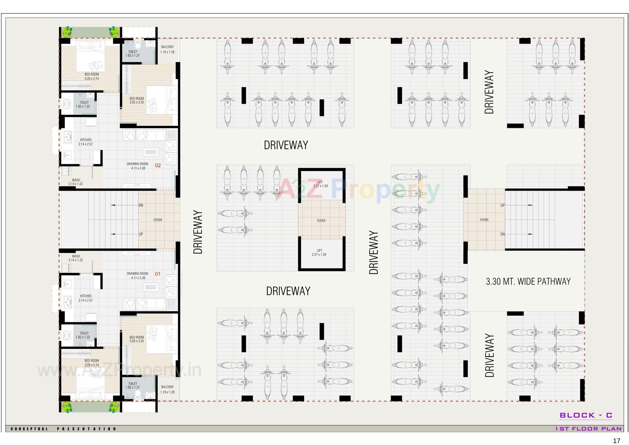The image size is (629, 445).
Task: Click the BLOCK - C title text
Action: [586, 415]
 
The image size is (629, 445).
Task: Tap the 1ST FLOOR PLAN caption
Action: [588, 429]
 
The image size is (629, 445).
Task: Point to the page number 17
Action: [617, 441]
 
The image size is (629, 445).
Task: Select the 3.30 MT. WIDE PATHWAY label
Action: [528, 281]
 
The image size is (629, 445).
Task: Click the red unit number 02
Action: [158, 165]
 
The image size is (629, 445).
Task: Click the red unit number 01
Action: [158, 274]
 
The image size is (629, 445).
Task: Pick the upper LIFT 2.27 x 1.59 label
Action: [320, 184]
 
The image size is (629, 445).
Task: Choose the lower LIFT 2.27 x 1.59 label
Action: [319, 253]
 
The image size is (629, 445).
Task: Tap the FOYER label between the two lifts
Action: [321, 221]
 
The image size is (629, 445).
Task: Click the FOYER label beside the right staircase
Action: [484, 220]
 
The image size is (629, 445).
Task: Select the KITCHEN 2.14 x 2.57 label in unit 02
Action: [86, 142]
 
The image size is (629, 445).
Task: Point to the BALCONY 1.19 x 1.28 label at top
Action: [167, 49]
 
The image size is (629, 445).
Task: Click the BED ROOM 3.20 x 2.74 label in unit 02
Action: [91, 77]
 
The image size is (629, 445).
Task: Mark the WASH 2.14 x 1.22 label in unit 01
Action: [76, 258]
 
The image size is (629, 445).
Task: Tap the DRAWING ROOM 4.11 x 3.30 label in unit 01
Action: [137, 276]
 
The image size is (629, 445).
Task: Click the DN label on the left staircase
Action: [141, 205]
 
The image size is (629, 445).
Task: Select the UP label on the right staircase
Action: [502, 205]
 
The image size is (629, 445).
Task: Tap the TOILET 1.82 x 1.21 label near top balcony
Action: [133, 54]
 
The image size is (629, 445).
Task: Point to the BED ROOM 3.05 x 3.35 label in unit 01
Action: [137, 339]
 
